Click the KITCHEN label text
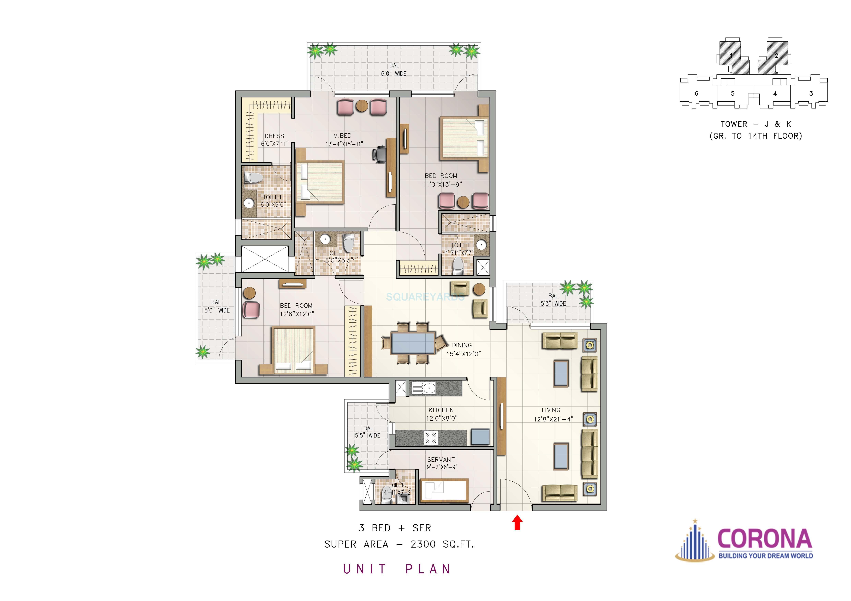pos(441,410)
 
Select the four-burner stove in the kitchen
pos(431,438)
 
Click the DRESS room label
pos(274,136)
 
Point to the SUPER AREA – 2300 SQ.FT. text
pos(399,544)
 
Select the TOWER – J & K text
pos(756,124)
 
